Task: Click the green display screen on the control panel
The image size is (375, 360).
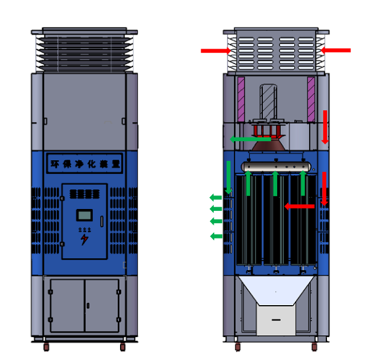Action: (84, 215)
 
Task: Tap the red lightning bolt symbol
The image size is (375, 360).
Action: (84, 240)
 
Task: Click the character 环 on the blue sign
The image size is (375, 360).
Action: (55, 164)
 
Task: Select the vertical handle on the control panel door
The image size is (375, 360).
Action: (102, 221)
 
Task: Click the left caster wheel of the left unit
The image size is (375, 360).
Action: (46, 347)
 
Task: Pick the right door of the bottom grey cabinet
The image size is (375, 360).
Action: (102, 306)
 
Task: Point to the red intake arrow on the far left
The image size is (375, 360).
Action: (216, 51)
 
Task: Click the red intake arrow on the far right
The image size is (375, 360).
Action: (336, 51)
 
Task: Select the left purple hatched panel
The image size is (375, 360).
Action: (241, 99)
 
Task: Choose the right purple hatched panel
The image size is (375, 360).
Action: (311, 99)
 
